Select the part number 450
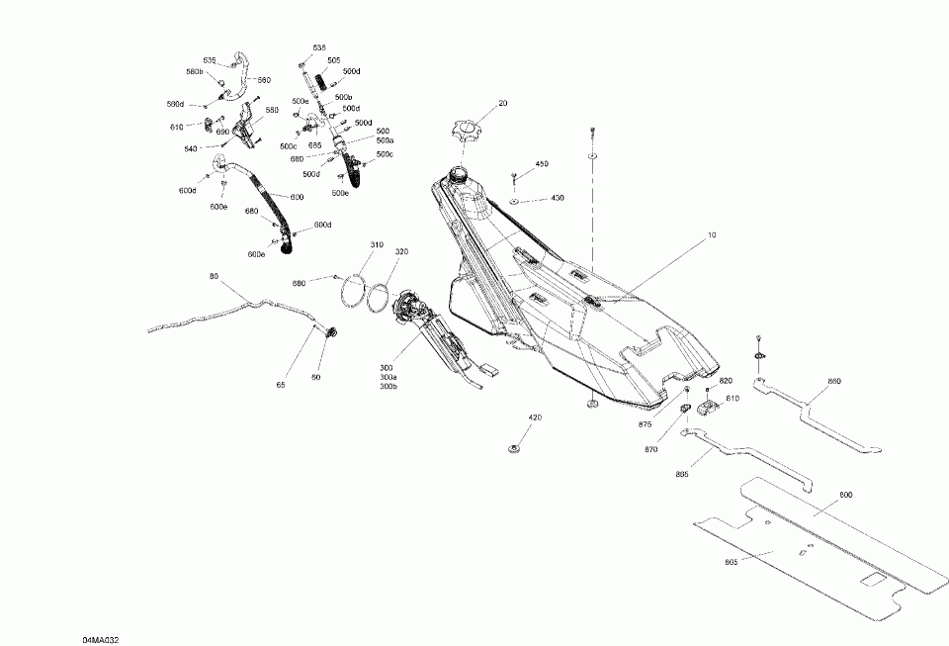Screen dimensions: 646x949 pos(542,163)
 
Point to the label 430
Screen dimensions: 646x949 pos(558,199)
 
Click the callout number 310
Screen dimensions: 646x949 pos(377,244)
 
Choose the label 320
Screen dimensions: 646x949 pos(401,252)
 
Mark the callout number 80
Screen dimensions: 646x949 pos(214,276)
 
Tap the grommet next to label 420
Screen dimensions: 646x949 pos(514,450)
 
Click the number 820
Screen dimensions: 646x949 pos(726,381)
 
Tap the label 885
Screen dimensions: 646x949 pos(682,474)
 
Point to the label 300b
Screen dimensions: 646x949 pos(388,387)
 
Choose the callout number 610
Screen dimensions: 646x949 pos(177,127)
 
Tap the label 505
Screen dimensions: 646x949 pos(334,60)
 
